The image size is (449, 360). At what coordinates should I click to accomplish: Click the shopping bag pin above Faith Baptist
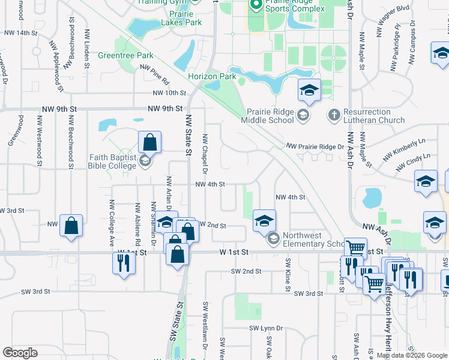pos(149,143)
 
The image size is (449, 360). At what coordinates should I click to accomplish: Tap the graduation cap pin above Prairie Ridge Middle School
pos(309,91)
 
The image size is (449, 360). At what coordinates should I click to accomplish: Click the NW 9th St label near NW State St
pos(165,109)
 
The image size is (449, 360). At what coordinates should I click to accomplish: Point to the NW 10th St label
pos(170,93)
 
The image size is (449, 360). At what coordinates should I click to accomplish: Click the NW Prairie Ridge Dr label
pos(315,146)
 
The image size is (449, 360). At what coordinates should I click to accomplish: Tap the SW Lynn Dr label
pos(266,328)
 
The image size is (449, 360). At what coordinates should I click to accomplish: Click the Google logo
pos(20,352)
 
